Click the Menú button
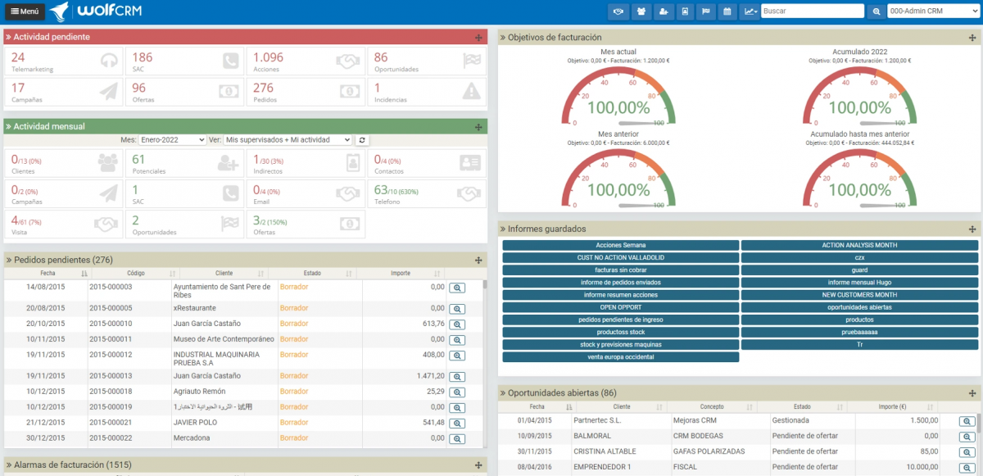tap(24, 11)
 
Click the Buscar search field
tap(812, 11)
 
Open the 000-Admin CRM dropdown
tap(932, 11)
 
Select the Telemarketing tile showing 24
tap(64, 62)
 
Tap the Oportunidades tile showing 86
tap(426, 62)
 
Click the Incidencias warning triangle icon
tap(470, 91)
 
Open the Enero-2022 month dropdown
tap(172, 140)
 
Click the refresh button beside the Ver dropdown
tap(362, 140)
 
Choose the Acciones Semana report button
tap(620, 245)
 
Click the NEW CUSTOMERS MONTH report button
tap(858, 294)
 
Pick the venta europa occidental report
tap(620, 356)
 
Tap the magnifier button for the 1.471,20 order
tap(457, 376)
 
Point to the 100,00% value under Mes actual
tap(619, 108)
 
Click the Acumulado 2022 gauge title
tap(859, 52)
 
